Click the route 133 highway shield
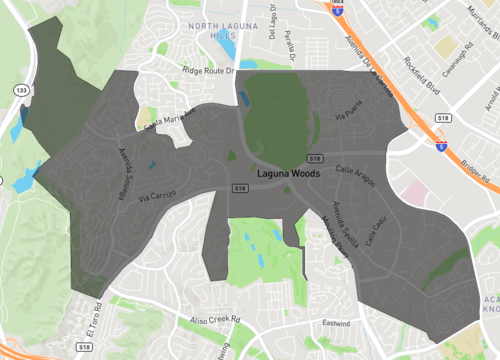[x=21, y=89]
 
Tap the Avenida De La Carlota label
[x=367, y=64]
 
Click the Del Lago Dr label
[x=271, y=21]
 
